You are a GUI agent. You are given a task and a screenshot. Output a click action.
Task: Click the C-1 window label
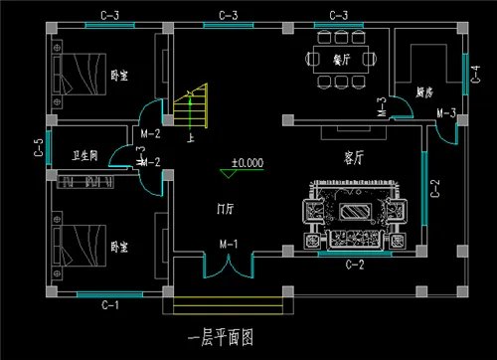coord(109,304)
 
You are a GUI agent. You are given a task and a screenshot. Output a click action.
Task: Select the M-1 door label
coord(228,244)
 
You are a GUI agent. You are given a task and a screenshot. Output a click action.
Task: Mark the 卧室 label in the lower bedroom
coord(119,246)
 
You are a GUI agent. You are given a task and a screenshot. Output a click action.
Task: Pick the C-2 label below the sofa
coord(354,266)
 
